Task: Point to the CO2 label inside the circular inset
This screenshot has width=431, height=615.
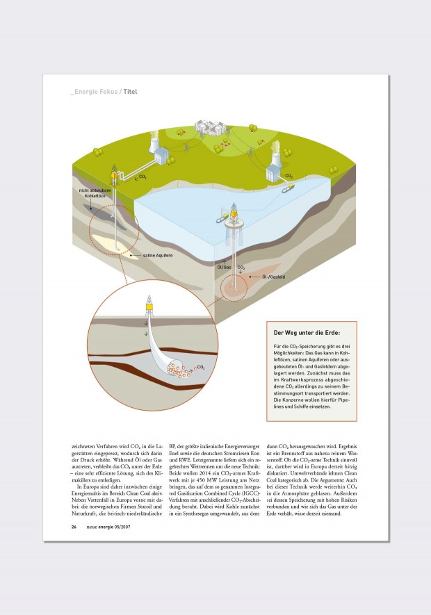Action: pos(201,366)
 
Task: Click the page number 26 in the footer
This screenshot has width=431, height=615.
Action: pos(74,526)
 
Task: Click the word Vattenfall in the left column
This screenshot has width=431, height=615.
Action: pos(97,486)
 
